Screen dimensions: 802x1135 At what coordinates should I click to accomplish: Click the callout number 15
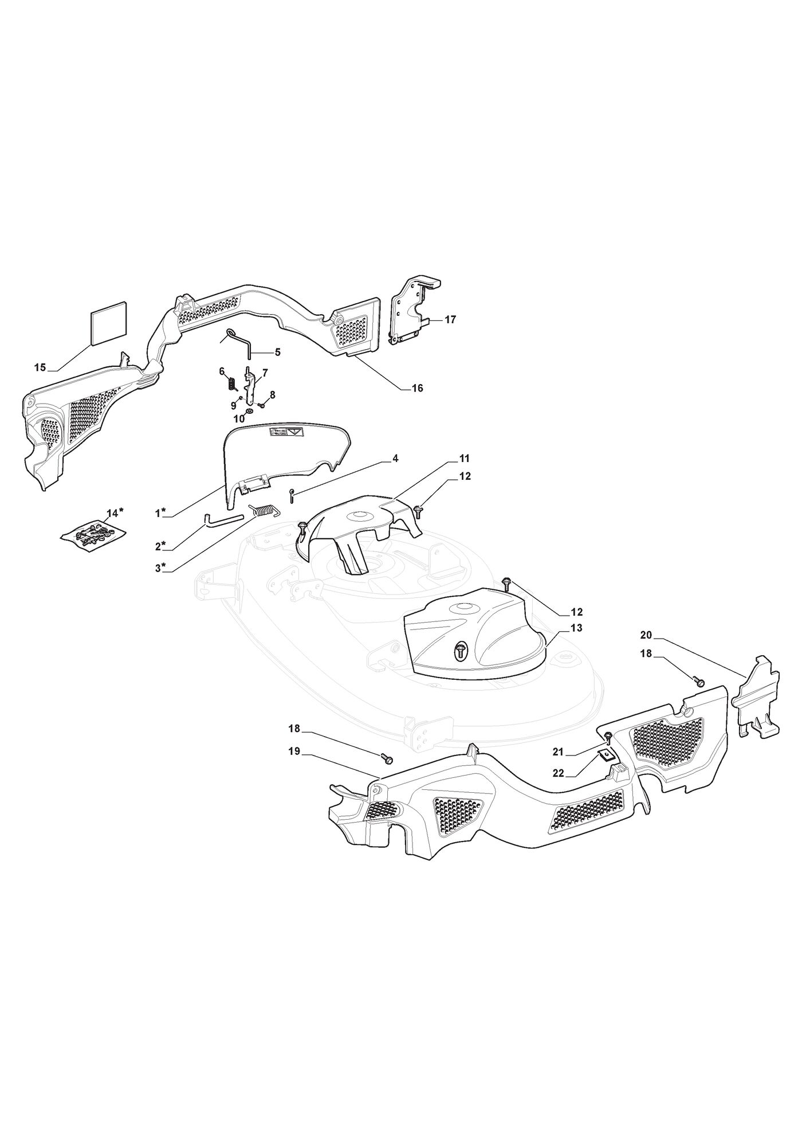(x=40, y=367)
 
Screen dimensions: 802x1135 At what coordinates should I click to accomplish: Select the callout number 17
(x=450, y=320)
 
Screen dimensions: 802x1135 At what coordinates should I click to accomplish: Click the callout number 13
(x=576, y=628)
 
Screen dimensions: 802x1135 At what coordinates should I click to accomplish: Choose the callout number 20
(x=646, y=635)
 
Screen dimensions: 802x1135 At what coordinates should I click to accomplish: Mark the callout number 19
(x=294, y=752)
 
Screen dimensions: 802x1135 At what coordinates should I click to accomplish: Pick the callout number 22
(x=558, y=773)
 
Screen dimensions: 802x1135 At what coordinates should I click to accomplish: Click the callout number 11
(x=464, y=459)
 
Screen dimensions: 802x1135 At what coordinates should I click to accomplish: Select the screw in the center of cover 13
(x=459, y=649)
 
